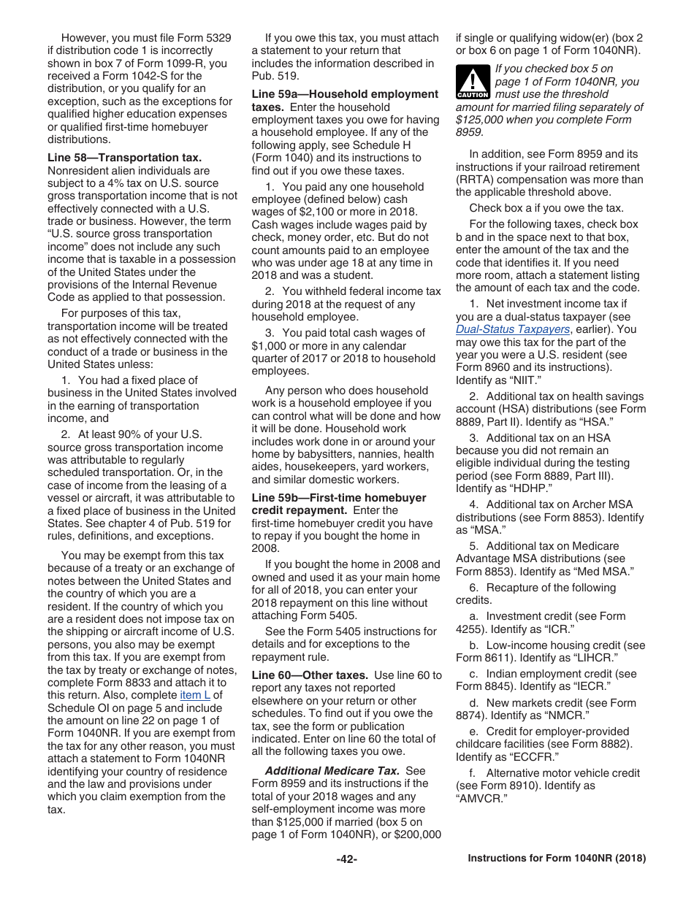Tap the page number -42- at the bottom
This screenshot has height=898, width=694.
click(x=346, y=859)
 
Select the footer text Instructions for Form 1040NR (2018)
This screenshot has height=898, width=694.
click(x=557, y=859)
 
